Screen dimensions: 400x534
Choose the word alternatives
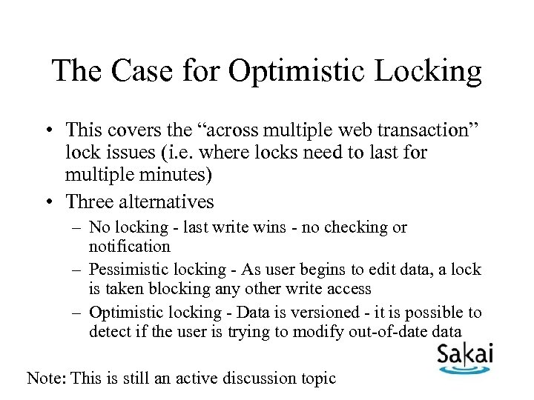[167, 201]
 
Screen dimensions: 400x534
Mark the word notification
[130, 245]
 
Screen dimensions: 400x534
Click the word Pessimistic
[128, 270]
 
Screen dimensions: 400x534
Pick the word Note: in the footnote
[46, 378]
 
